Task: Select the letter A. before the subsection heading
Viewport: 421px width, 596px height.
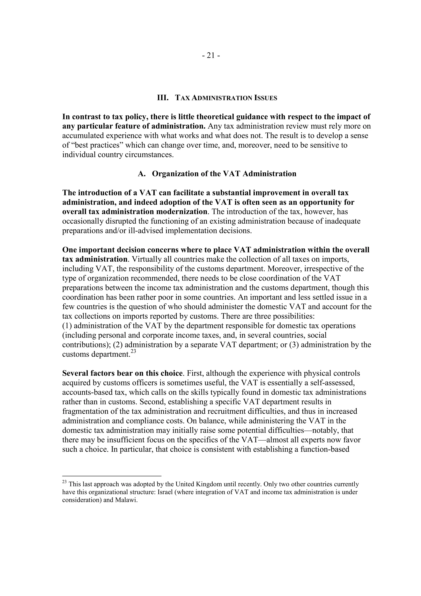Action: point(142,174)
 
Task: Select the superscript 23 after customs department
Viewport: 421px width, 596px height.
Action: point(133,352)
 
